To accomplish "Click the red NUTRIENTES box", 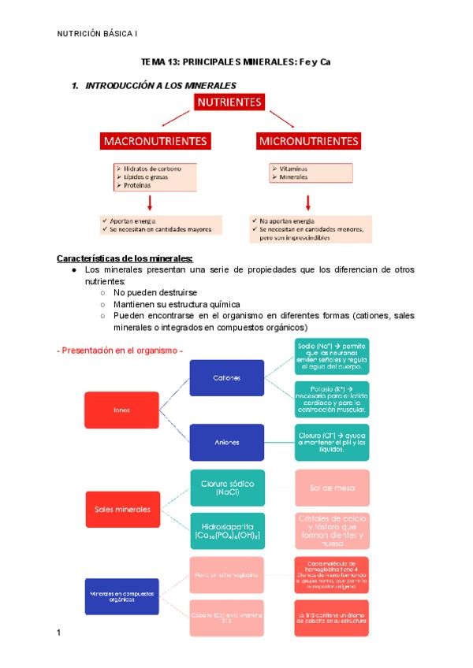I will (229, 103).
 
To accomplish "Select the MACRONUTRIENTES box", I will (156, 142).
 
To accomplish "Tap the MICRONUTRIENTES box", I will (308, 142).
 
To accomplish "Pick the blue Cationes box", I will (226, 378).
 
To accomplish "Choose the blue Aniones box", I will (226, 442).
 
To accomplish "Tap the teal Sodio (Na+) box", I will (331, 357).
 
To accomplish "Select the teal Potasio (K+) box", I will (331, 399).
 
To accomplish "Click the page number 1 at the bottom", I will (59, 633).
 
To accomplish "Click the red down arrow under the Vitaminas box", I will (308, 202).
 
